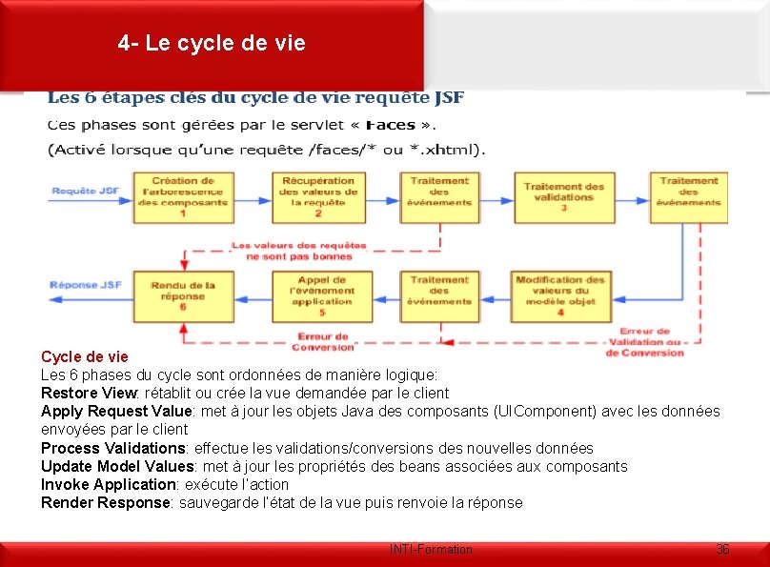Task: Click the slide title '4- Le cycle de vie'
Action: coord(213,43)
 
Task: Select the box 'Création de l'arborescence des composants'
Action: coord(182,197)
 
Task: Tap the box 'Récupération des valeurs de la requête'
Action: coord(318,197)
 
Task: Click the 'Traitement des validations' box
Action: coord(563,197)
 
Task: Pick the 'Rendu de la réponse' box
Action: coord(182,295)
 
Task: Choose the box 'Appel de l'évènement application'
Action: coord(321,295)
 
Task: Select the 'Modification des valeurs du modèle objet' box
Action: coord(560,295)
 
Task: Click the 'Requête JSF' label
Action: coord(86,191)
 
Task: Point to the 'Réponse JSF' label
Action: coord(86,284)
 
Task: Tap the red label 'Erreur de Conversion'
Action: coord(325,341)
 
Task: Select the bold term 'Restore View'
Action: coord(88,393)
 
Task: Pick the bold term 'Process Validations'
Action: coord(112,448)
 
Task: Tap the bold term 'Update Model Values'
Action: coord(114,466)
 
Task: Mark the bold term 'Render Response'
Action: coord(104,502)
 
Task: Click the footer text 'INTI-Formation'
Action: coord(431,550)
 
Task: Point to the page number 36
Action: coord(723,549)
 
